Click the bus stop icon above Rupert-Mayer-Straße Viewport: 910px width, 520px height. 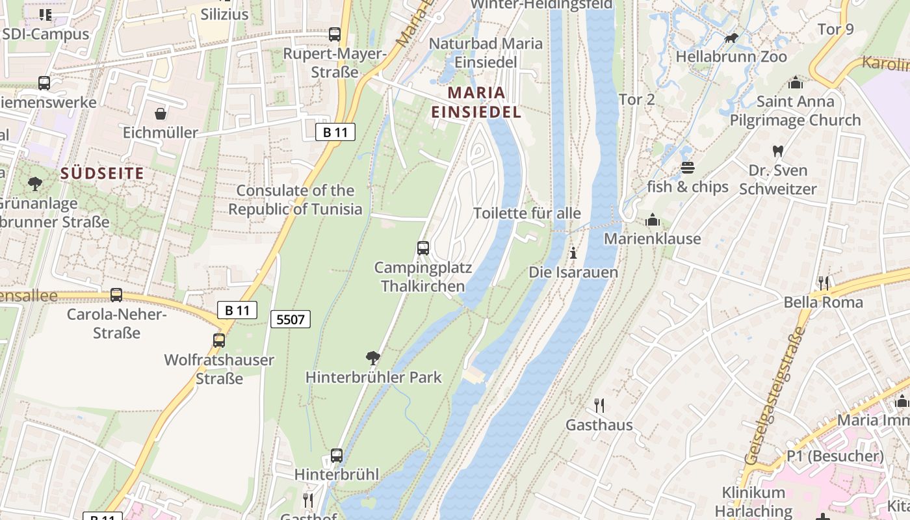click(335, 34)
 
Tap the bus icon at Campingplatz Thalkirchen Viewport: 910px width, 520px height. click(423, 248)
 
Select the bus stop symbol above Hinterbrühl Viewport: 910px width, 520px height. click(336, 455)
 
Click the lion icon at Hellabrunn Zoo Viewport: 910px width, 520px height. click(731, 38)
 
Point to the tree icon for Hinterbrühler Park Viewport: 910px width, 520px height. click(373, 357)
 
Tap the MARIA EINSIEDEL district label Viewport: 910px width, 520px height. click(476, 102)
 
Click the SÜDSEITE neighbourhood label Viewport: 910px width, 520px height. click(102, 174)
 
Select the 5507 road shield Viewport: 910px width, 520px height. click(291, 319)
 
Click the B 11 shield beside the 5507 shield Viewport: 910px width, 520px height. click(237, 310)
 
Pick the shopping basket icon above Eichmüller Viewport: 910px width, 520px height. click(161, 114)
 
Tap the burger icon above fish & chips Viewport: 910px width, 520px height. click(688, 168)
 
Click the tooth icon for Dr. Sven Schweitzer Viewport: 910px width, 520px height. click(777, 151)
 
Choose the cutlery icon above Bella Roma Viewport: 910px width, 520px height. click(823, 283)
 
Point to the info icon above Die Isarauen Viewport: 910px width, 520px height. click(573, 253)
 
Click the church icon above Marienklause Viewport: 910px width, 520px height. click(652, 220)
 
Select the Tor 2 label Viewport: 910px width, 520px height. click(636, 99)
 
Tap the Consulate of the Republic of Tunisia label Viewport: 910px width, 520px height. click(295, 200)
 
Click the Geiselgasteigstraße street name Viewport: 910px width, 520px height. click(773, 396)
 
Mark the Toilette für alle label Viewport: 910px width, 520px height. click(527, 213)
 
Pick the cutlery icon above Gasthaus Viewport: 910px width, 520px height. click(599, 406)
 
